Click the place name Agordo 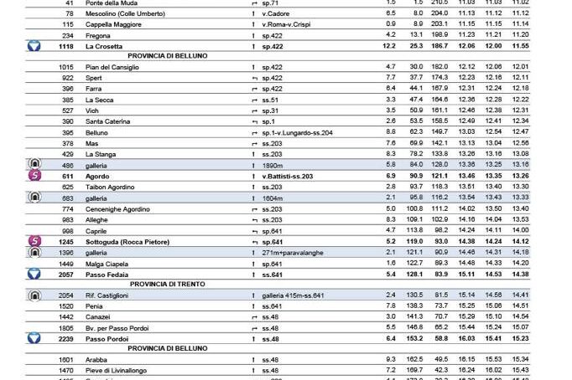[99, 176]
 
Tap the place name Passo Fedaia [107, 274]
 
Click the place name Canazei [100, 317]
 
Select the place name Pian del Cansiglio [112, 67]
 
